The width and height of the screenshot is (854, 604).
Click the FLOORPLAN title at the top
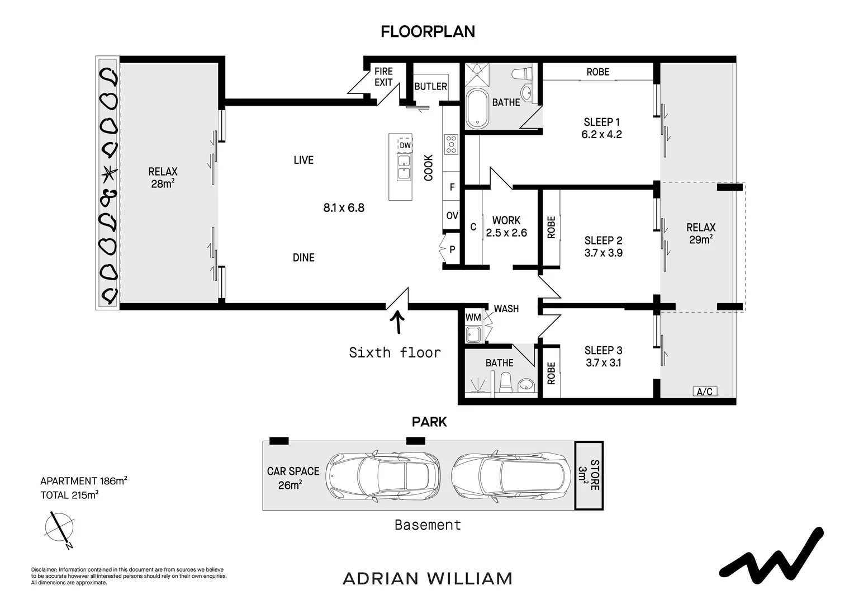(x=428, y=32)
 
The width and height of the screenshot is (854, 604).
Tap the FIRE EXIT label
(x=383, y=77)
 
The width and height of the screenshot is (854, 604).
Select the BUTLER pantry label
(x=430, y=86)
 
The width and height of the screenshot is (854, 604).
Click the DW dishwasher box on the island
(x=405, y=145)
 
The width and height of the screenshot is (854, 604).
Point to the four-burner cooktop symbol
(x=452, y=145)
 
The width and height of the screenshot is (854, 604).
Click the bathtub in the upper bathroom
(x=477, y=108)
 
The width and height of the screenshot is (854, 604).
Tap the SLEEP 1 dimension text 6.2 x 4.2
(x=601, y=134)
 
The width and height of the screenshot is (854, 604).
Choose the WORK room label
(x=506, y=220)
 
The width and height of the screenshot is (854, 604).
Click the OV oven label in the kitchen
(x=452, y=215)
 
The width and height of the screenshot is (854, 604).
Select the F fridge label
(x=452, y=187)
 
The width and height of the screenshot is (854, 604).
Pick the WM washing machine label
(x=473, y=317)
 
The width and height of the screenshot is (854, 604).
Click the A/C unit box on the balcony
(x=705, y=391)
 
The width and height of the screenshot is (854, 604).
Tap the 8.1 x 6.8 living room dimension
(x=344, y=207)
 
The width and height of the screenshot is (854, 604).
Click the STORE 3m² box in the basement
(x=589, y=475)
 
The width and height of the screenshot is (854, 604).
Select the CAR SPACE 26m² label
(x=293, y=478)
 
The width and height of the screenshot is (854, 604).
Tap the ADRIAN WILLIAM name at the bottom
(x=428, y=579)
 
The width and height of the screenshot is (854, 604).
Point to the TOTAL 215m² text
(x=69, y=495)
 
